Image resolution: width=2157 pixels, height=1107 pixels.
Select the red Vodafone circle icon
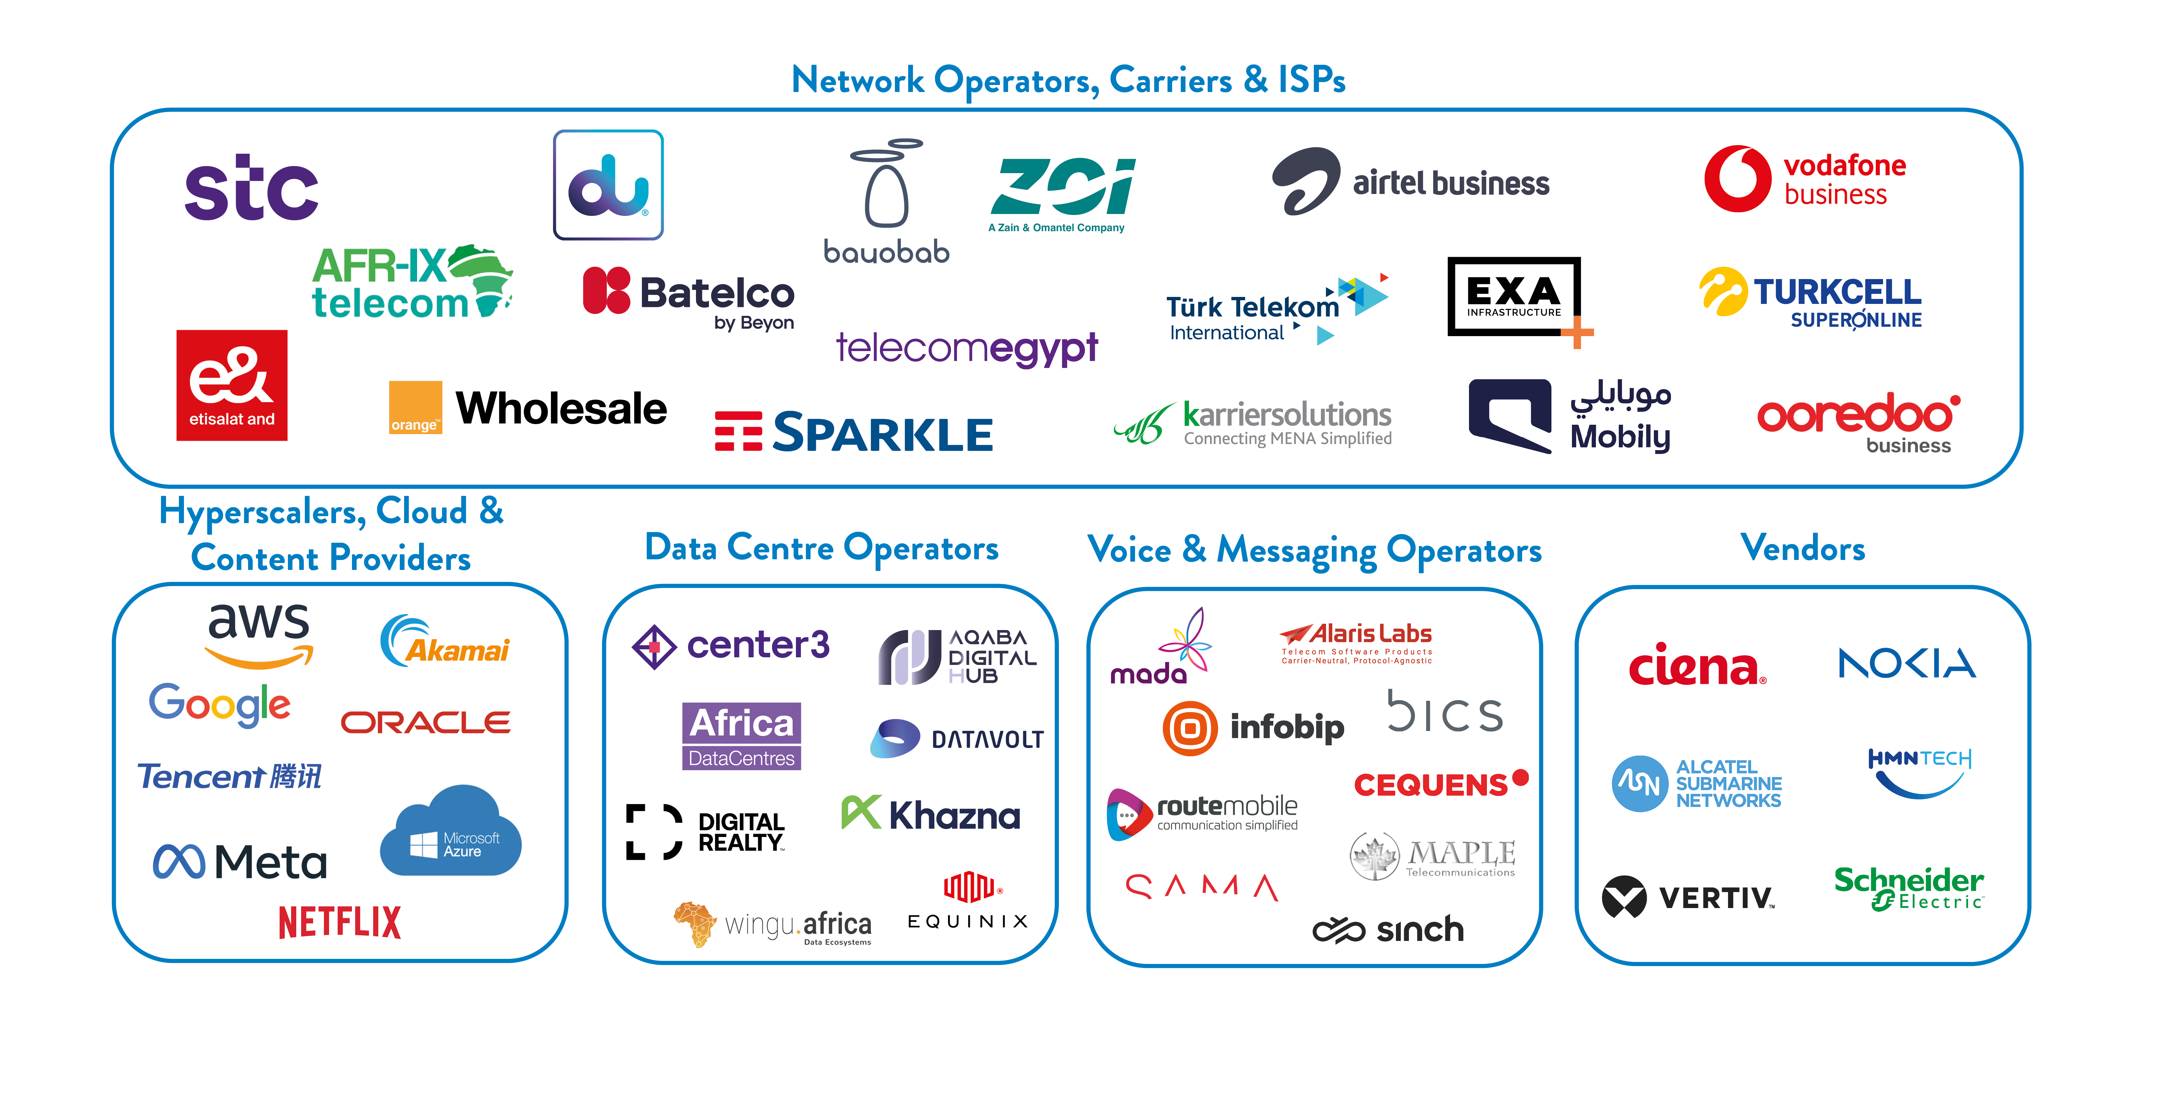1738,178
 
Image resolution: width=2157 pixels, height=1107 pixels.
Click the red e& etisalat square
232,385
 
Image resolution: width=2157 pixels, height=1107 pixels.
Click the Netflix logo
340,922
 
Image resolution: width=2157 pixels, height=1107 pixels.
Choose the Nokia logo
1907,663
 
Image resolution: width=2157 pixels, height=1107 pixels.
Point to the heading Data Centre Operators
821,548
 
